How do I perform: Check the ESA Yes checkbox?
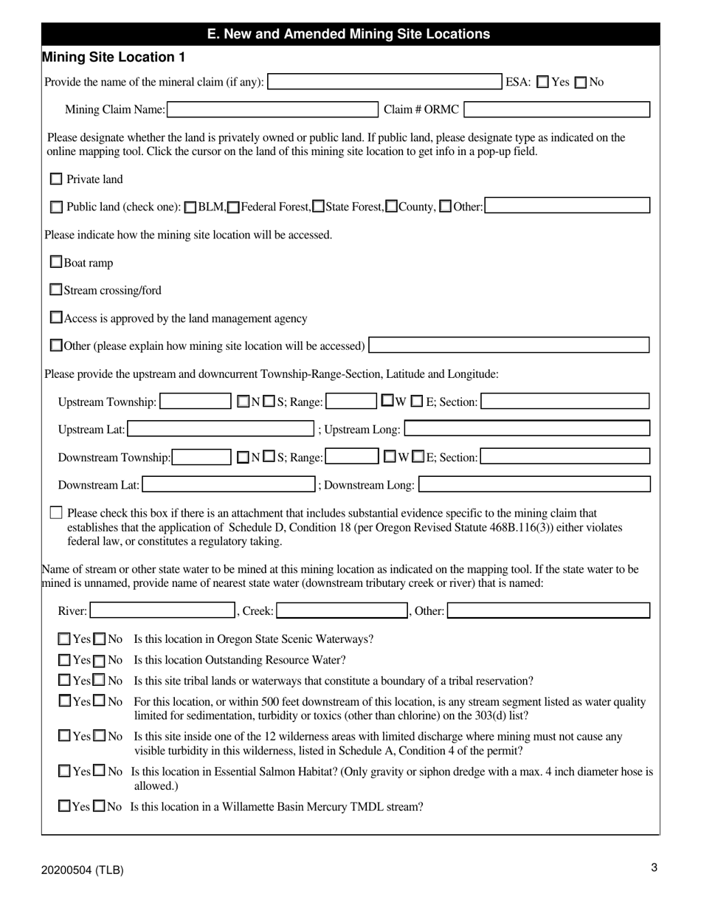[543, 82]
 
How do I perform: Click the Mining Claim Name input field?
[273, 110]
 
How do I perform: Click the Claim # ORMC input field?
[557, 110]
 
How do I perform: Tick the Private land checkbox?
[56, 179]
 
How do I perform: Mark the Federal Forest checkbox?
[233, 207]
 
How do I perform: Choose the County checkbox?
[393, 207]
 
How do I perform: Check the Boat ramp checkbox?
[56, 262]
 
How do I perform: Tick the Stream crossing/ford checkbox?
[56, 290]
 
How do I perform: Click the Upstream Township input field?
[196, 402]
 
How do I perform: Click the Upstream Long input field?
[527, 429]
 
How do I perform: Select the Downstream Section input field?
[565, 457]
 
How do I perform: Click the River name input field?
[162, 611]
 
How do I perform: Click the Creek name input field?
[342, 611]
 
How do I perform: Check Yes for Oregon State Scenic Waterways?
[65, 639]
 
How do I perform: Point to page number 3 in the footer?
[654, 868]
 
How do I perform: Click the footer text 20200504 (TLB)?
[83, 870]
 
